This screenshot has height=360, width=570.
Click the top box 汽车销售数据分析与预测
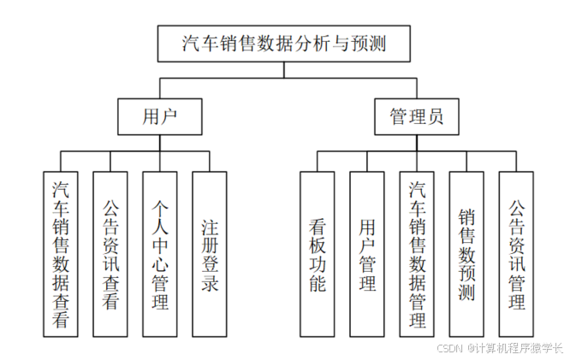pyautogui.click(x=284, y=44)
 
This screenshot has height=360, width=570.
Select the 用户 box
pyautogui.click(x=160, y=116)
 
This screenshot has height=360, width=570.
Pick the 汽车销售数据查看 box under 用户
pyautogui.click(x=61, y=253)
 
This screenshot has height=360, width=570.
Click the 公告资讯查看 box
pyautogui.click(x=110, y=253)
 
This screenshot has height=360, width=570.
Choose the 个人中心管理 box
pyautogui.click(x=160, y=253)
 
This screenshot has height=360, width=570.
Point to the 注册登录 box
pyautogui.click(x=210, y=253)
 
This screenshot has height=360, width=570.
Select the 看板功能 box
pyautogui.click(x=317, y=253)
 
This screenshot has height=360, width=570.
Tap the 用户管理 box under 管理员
pyautogui.click(x=367, y=253)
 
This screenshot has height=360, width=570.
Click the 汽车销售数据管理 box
pyautogui.click(x=417, y=253)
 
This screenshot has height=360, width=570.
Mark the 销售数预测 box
pyautogui.click(x=466, y=253)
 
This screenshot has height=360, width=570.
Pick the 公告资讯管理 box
pyautogui.click(x=516, y=253)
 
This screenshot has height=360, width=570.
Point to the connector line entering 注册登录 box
pyautogui.click(x=210, y=162)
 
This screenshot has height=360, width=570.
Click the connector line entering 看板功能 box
pyautogui.click(x=317, y=162)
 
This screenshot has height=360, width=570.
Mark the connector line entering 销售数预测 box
pyautogui.click(x=466, y=162)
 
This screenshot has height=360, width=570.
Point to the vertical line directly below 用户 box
pyautogui.click(x=160, y=142)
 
